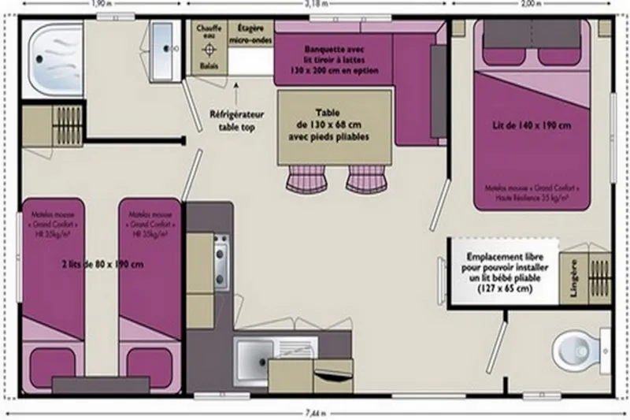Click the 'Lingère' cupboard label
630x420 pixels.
coord(573,277)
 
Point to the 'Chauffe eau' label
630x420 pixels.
coord(208,31)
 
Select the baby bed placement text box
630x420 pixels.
coord(499,273)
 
